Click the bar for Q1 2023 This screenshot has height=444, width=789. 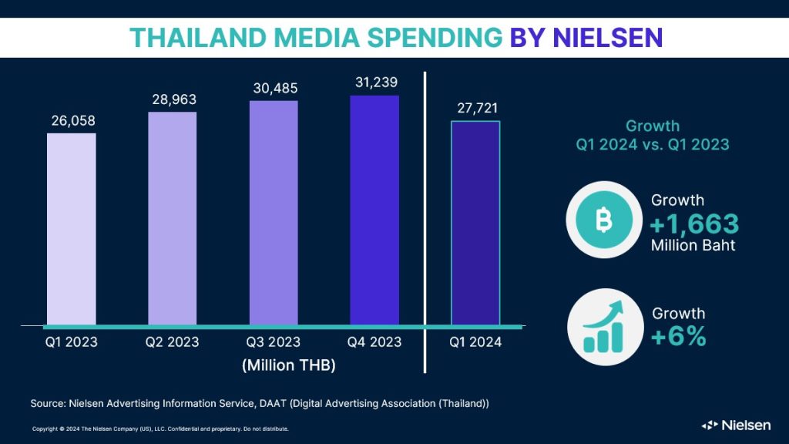(71, 228)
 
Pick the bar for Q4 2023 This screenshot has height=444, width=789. (374, 210)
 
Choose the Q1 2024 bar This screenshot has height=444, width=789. (475, 223)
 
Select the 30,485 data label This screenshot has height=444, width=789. (274, 88)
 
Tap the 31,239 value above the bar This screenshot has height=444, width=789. (374, 82)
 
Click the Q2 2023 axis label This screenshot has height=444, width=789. (172, 341)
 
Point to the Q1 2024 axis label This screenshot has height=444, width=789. (475, 341)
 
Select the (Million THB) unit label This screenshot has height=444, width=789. (289, 365)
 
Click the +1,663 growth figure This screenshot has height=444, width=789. (694, 224)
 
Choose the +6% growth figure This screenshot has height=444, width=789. (678, 336)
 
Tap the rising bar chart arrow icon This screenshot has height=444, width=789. (603, 327)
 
